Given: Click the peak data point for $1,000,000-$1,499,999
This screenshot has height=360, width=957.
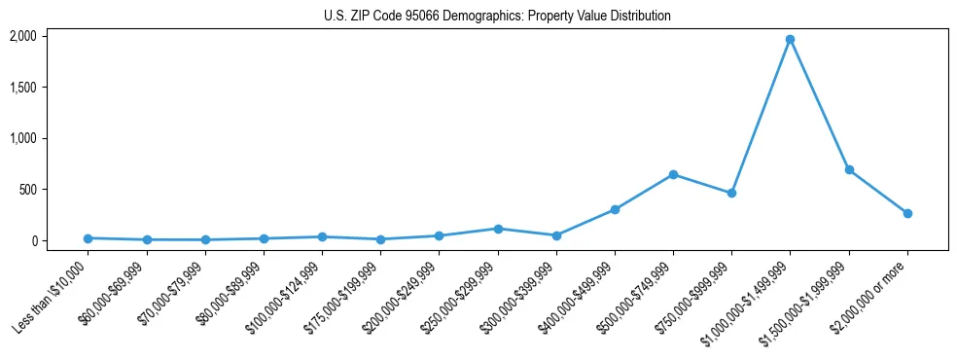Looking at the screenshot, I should point(791,40).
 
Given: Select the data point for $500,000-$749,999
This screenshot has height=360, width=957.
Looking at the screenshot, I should point(673,174).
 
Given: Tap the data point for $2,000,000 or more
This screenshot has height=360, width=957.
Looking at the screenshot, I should point(907,213).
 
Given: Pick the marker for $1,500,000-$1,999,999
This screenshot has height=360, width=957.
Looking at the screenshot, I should point(849,169).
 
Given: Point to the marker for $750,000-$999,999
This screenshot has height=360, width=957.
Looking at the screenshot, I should point(731,193).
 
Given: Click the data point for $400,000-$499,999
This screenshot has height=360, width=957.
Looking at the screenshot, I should point(615,209).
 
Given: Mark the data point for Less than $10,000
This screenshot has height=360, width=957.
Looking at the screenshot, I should point(88,238).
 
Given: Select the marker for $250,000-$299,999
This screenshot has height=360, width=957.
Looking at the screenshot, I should point(498,229).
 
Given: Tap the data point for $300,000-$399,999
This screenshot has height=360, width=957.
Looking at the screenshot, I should point(556,235).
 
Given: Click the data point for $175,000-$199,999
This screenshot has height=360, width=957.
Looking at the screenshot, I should point(380,239).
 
